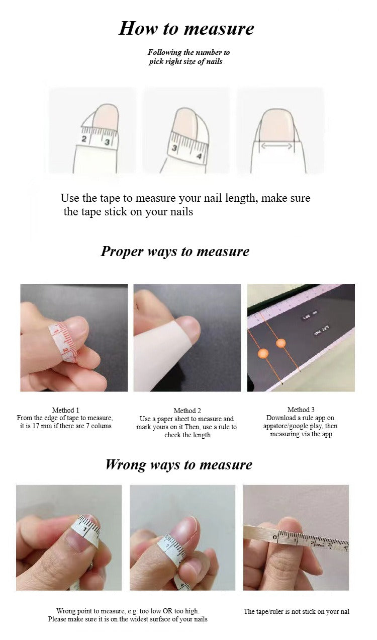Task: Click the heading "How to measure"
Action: [x=186, y=28]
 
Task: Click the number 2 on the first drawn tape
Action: [x=84, y=139]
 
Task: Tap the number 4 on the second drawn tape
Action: [x=199, y=156]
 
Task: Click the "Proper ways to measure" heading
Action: [x=175, y=252]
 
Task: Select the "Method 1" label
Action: [x=65, y=410]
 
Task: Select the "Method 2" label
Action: [x=187, y=411]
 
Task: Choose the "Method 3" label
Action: [x=301, y=410]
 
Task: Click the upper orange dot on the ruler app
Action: [x=281, y=343]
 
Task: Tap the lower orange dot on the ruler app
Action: [x=263, y=353]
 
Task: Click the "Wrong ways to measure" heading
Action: [x=178, y=464]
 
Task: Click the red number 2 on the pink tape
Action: [x=65, y=350]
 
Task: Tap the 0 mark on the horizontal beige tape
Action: [x=274, y=537]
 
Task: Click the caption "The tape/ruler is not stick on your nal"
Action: [x=297, y=611]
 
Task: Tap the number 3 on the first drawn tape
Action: [x=107, y=142]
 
